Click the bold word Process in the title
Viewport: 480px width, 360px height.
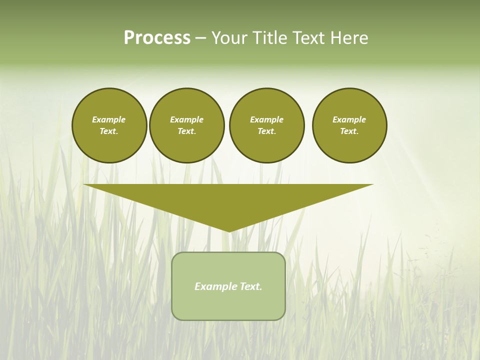[157, 38]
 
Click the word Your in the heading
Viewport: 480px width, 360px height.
[229, 38]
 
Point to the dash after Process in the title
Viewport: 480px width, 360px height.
[201, 38]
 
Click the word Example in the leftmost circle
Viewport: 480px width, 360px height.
[109, 119]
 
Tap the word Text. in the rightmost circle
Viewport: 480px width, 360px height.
[349, 131]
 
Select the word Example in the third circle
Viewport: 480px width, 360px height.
[266, 119]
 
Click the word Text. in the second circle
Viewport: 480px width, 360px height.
[186, 131]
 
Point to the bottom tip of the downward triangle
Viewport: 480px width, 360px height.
[229, 230]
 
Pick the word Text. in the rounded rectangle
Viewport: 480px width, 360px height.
[251, 286]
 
